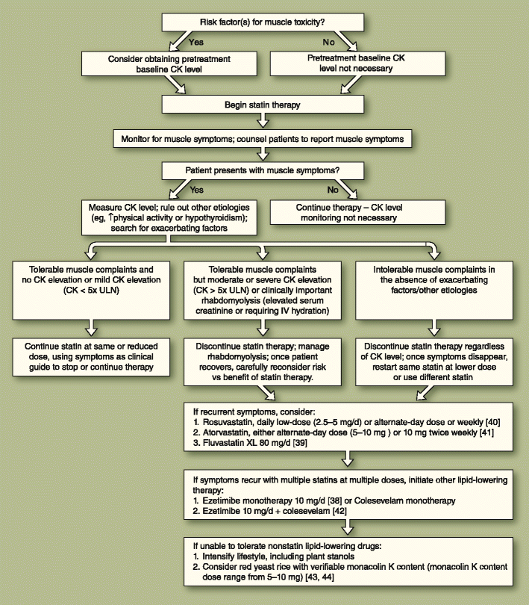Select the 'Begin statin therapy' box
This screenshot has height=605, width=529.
263,106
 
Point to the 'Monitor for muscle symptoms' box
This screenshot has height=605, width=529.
263,139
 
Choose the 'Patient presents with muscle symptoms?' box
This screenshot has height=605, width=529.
263,171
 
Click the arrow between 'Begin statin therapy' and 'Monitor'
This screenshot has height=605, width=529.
263,122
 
